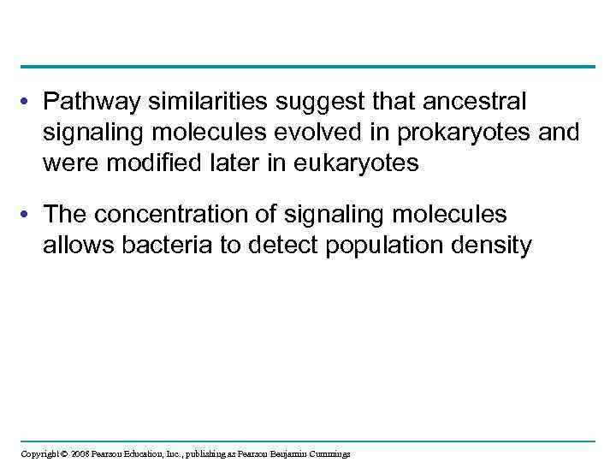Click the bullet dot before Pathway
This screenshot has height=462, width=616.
click(x=28, y=104)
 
